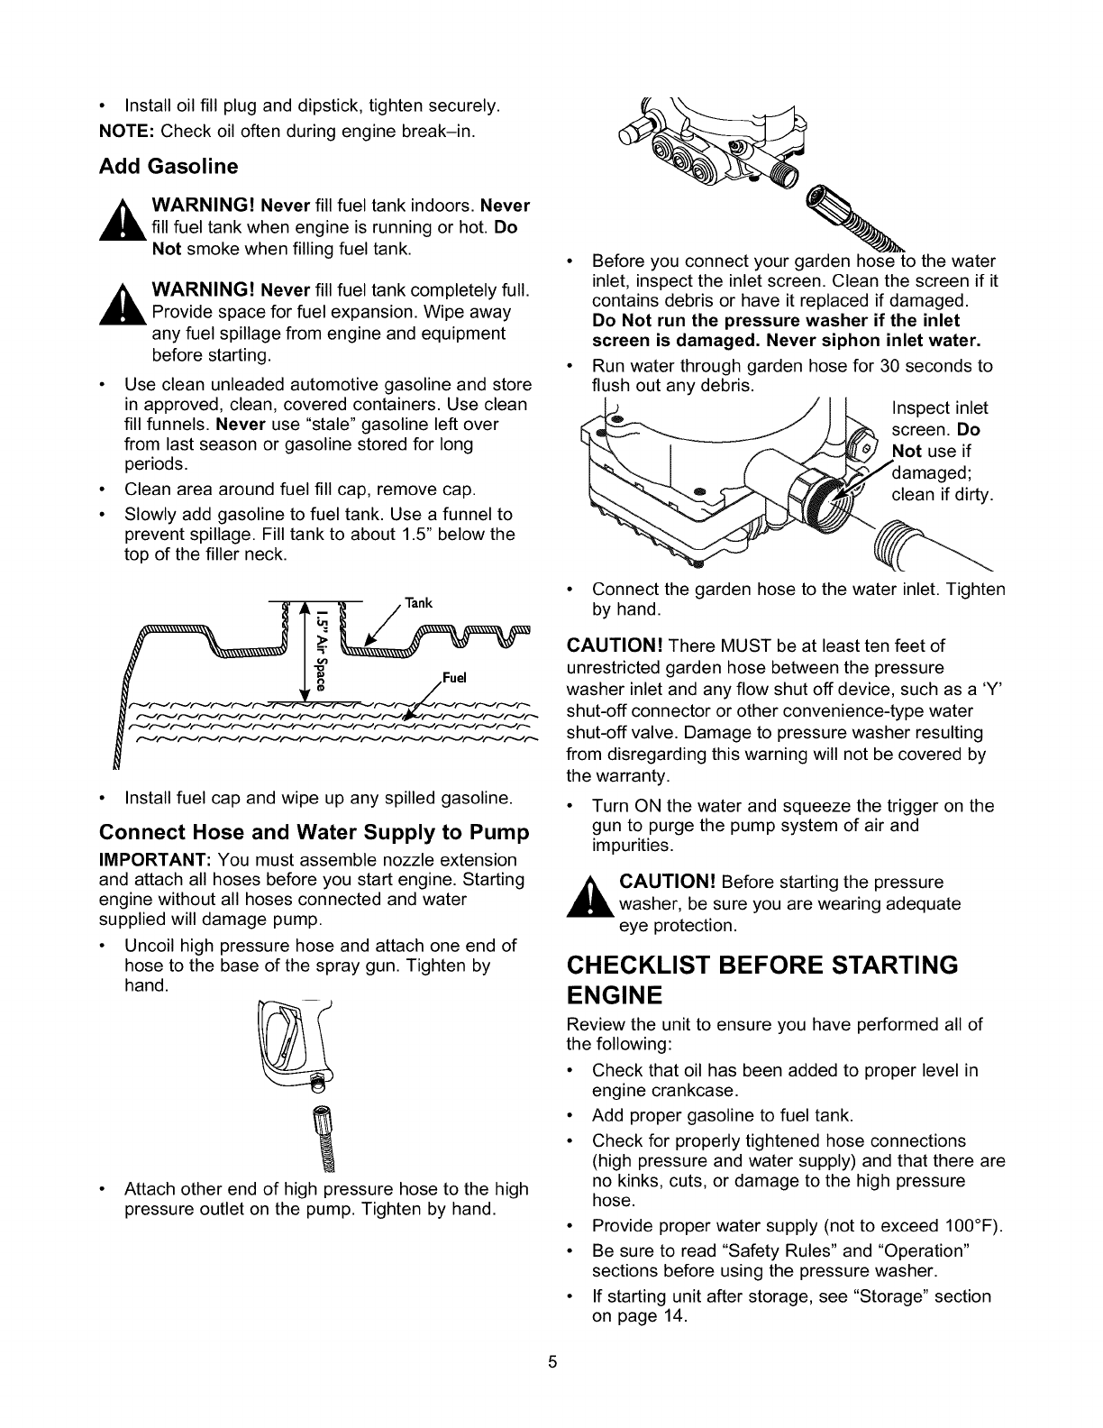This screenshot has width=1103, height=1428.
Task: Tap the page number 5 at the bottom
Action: (x=552, y=1362)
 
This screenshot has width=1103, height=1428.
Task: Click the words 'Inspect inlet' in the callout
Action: (x=939, y=407)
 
